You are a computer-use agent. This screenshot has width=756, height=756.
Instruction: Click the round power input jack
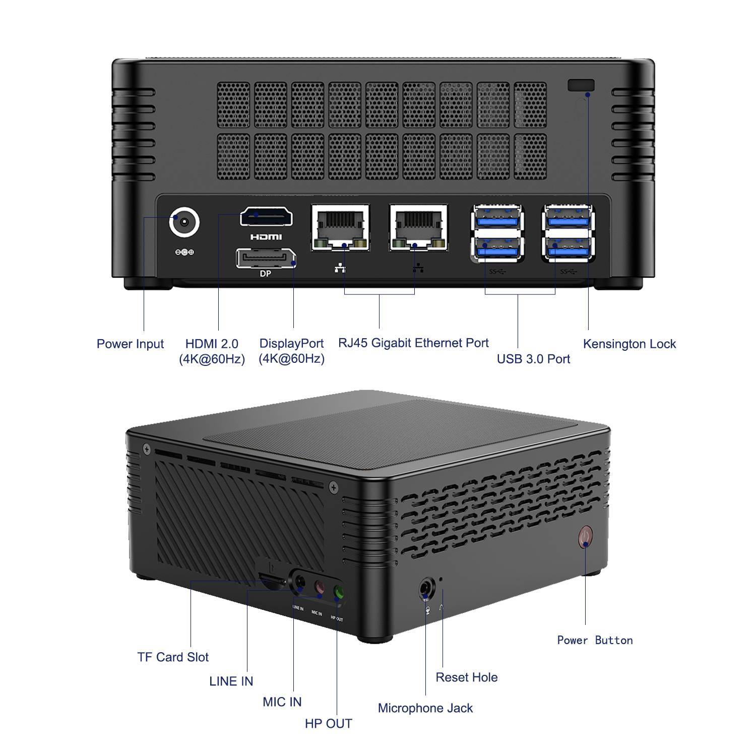point(184,221)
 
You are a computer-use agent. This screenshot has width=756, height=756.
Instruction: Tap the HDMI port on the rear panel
point(266,217)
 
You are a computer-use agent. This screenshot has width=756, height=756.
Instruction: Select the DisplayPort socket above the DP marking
point(266,258)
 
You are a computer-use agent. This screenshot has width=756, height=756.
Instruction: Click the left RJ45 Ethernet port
point(340,228)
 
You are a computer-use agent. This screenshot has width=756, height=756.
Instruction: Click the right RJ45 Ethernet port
point(418,228)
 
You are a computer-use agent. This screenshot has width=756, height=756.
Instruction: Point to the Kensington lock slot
point(581,85)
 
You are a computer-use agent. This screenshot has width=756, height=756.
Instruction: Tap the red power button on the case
point(585,537)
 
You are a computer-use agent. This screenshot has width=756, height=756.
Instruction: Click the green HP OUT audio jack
point(339,593)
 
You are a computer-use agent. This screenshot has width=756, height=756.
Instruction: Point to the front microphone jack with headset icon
point(426,589)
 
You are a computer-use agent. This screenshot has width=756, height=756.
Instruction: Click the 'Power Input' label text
point(130,344)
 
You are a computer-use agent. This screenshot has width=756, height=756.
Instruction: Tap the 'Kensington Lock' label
point(629,344)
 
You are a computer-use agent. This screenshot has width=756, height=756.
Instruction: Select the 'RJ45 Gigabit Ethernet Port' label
point(413,343)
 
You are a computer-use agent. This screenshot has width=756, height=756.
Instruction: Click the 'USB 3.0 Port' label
point(533,359)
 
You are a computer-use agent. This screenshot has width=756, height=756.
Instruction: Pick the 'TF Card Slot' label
point(173,657)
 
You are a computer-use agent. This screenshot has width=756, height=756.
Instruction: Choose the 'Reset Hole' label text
point(467,677)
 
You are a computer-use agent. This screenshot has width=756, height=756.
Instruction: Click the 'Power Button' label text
point(595,640)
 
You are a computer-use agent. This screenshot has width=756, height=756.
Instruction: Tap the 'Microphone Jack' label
point(425,708)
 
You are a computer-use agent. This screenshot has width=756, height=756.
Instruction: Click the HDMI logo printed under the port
point(266,237)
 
